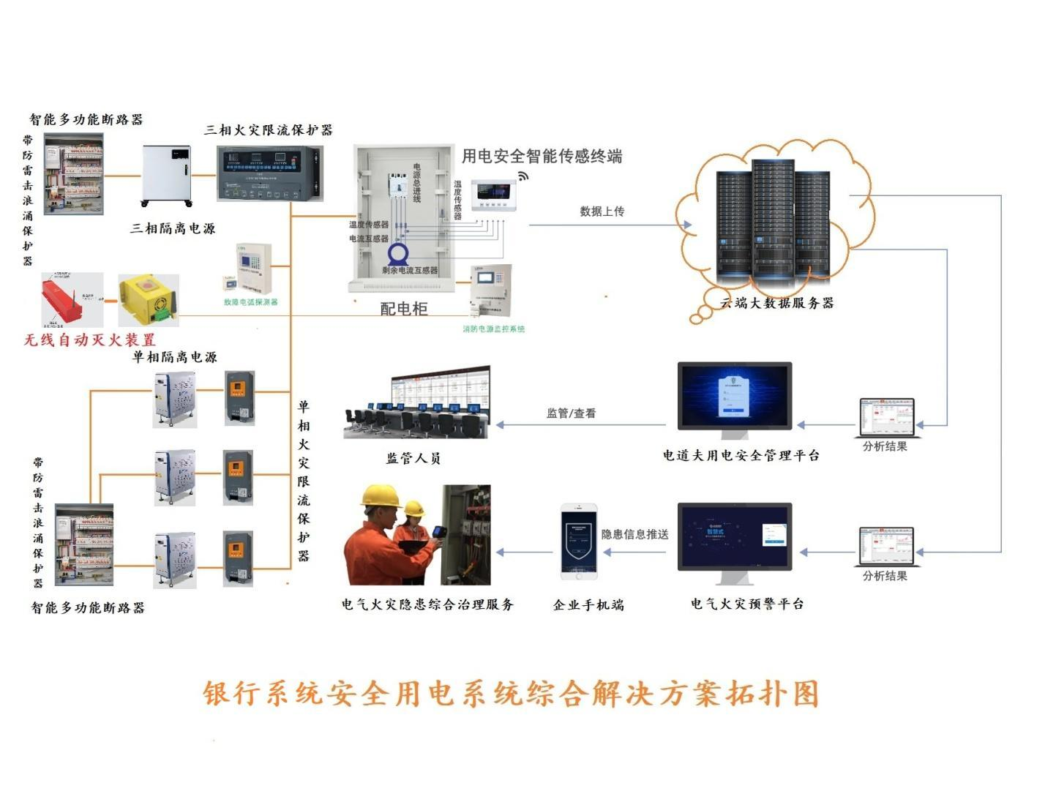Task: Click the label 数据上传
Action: [602, 211]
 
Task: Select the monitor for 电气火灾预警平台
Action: [734, 538]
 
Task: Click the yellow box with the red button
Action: [149, 299]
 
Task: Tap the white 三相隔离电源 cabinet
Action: [167, 175]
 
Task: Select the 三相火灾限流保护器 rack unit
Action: [269, 173]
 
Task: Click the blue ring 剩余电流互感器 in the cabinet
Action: [397, 253]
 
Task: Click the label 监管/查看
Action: [571, 413]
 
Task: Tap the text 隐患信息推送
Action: [634, 534]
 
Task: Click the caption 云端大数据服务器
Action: [777, 303]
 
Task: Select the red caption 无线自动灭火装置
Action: [90, 340]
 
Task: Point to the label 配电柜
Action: [403, 309]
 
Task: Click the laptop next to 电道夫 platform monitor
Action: [886, 417]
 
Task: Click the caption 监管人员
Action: [413, 459]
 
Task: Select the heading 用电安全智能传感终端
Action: [542, 156]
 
